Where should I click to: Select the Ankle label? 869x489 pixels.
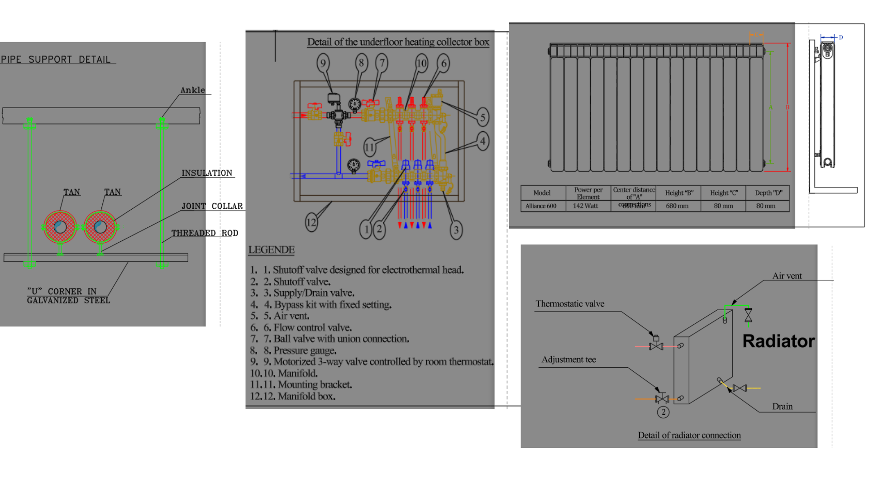(192, 90)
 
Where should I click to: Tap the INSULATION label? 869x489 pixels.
(206, 173)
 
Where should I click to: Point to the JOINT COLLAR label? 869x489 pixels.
(212, 206)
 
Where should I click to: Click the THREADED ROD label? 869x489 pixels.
(205, 233)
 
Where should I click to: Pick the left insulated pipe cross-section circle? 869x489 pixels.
(60, 227)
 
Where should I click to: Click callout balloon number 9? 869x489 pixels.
(323, 63)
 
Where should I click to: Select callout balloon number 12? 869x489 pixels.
(311, 222)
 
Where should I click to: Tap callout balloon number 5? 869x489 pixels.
(482, 117)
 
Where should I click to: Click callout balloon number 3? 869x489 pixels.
(456, 230)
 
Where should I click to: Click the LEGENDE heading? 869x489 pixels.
(271, 249)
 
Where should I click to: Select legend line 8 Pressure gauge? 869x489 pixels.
(300, 350)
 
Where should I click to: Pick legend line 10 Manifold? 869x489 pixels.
(290, 373)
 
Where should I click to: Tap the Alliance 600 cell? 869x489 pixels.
(541, 206)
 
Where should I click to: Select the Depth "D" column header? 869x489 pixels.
(768, 193)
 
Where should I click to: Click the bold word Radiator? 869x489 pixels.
(778, 341)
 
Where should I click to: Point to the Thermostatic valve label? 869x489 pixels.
(570, 304)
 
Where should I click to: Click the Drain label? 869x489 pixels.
(782, 407)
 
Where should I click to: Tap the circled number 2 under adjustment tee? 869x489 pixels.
(663, 412)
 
